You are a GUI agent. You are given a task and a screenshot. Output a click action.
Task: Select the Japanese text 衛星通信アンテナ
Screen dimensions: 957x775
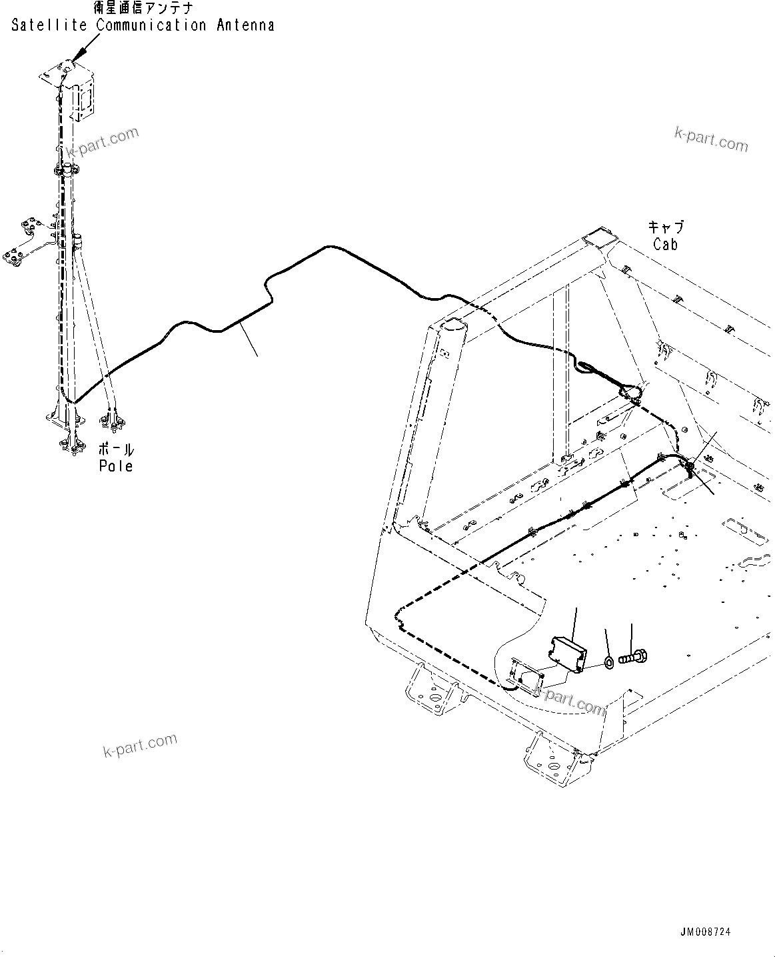tap(145, 9)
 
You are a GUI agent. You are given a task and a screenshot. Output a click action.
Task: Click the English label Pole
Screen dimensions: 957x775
tap(116, 466)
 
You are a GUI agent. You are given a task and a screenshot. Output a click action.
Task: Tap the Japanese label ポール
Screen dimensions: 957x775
tap(116, 449)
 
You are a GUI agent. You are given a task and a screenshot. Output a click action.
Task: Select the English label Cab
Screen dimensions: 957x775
tap(665, 245)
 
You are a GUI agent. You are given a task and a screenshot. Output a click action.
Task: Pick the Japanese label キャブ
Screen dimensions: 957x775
tap(666, 227)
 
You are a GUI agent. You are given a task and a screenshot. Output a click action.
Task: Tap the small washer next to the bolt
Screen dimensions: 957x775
tap(609, 662)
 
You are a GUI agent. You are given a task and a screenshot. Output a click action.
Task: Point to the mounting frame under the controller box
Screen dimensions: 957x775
tap(526, 673)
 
